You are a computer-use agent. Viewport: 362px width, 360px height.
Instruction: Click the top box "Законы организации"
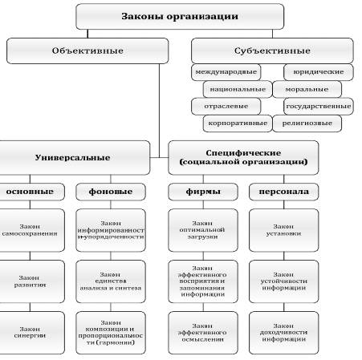[181, 15]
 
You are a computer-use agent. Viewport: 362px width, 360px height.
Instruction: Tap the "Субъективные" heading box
[271, 51]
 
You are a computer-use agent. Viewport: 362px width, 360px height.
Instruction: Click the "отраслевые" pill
[224, 106]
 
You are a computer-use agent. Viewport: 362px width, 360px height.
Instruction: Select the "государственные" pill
[319, 106]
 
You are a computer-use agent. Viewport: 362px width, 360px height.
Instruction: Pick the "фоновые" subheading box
[110, 192]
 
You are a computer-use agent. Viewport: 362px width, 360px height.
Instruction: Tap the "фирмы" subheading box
[202, 192]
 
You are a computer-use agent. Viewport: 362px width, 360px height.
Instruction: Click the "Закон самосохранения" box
[29, 231]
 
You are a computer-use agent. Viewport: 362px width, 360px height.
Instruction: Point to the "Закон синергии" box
[29, 330]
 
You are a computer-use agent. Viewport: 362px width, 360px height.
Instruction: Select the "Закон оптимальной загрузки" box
[202, 231]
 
